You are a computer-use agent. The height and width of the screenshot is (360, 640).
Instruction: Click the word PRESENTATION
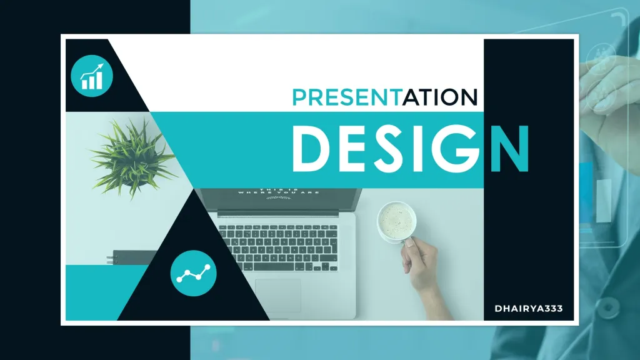tap(384, 97)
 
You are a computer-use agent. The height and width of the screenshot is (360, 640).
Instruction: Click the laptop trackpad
tap(277, 294)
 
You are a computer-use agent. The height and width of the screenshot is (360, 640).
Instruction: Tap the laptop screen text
tap(279, 194)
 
